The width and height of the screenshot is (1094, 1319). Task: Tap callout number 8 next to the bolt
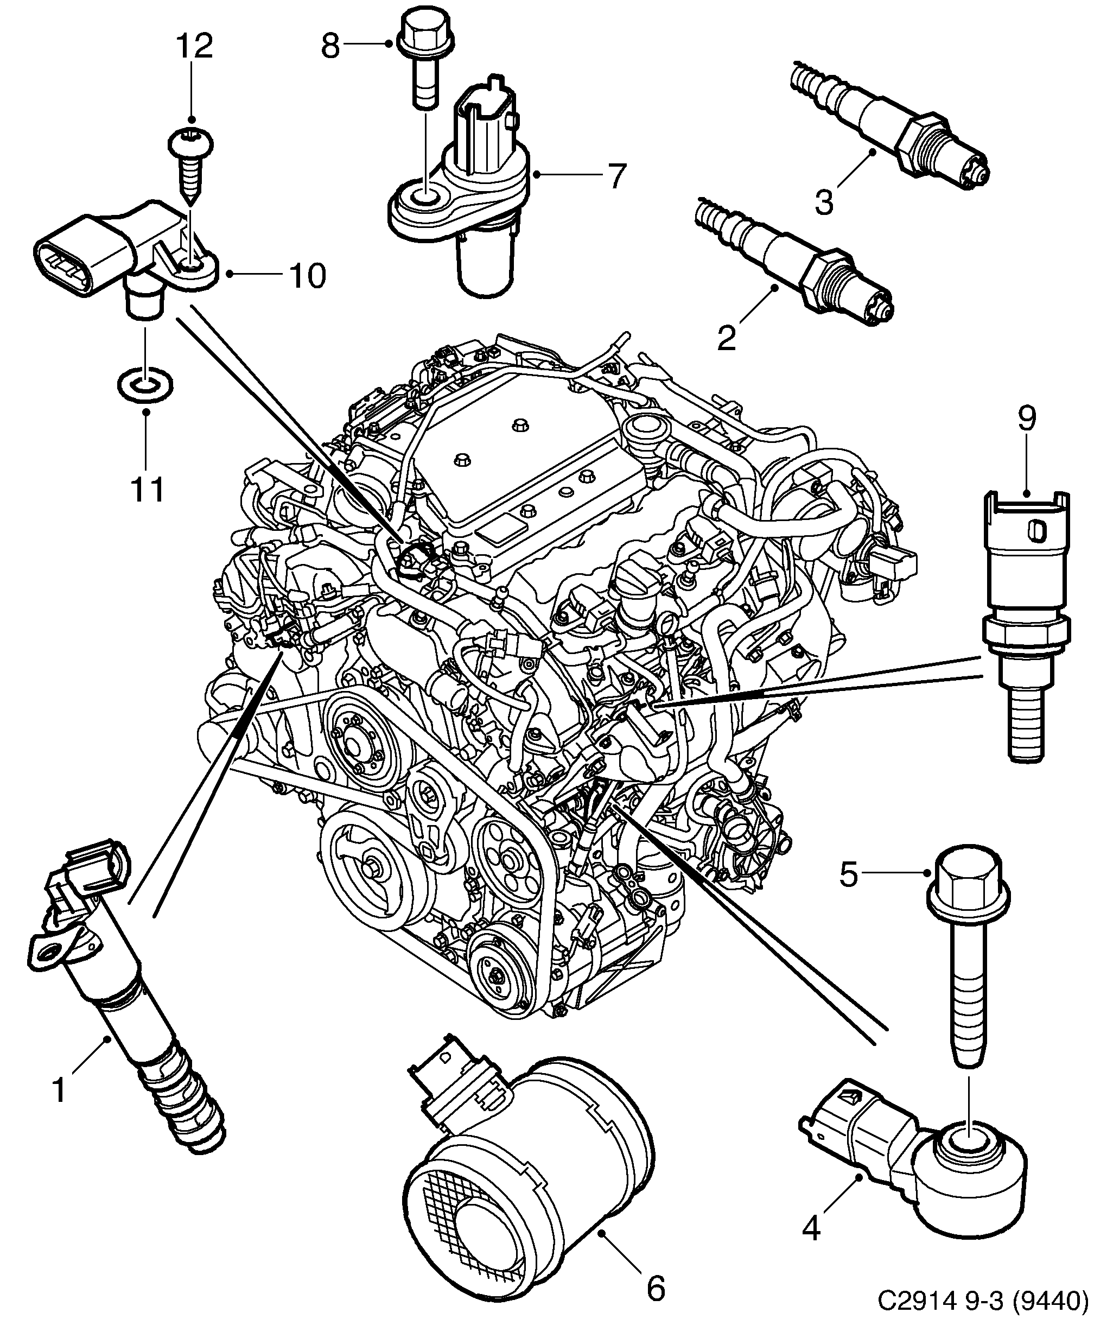pos(330,45)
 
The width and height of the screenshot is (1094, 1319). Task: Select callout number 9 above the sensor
pos(1026,419)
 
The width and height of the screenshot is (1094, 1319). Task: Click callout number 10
pos(308,276)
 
